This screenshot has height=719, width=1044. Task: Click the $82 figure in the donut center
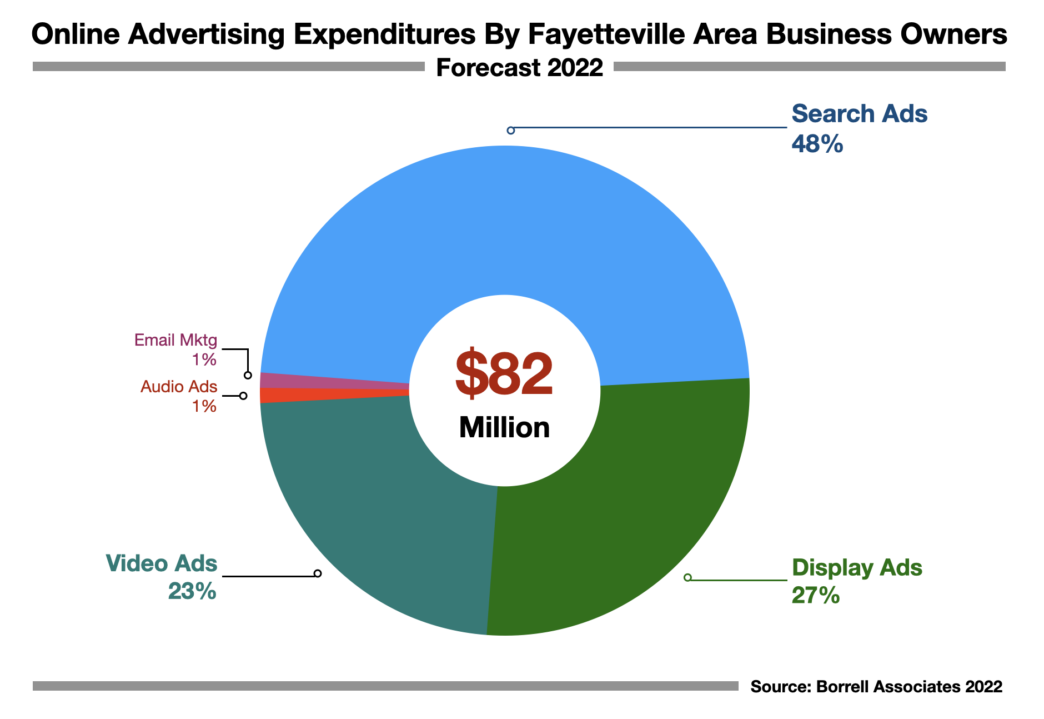coord(504,373)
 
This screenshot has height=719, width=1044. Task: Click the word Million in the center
coord(504,428)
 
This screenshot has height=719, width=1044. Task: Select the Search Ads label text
coord(859,114)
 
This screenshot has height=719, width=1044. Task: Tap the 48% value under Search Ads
coord(817,144)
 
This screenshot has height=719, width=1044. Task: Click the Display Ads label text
coord(857,568)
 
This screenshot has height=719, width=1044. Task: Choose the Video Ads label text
coord(162,563)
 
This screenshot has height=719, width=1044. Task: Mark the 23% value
coord(192,592)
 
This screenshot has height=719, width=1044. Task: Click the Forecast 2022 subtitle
coord(519,68)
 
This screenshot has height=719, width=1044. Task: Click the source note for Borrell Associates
coord(876,687)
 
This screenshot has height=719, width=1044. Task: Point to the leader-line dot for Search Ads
coord(511,130)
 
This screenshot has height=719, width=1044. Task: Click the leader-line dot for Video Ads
coord(318,573)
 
